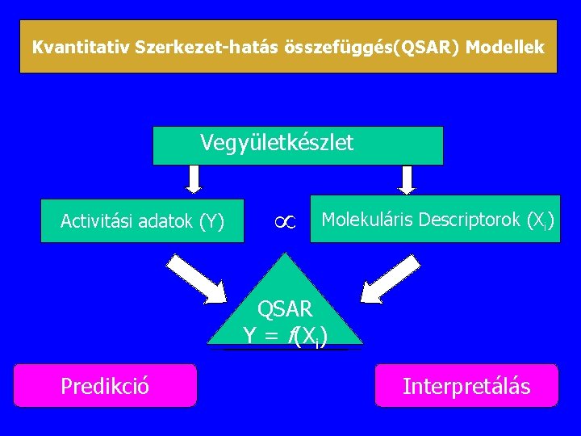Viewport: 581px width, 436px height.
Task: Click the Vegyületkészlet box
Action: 298,145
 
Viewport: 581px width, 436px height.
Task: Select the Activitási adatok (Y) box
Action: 142,220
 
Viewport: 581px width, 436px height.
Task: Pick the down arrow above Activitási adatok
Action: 193,178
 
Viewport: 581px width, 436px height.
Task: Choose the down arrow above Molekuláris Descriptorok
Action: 408,178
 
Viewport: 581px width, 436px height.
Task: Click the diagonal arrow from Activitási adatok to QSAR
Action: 199,279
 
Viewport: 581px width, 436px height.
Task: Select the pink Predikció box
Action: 105,385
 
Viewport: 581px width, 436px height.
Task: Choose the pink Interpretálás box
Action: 466,385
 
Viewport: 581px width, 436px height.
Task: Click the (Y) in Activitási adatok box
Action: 214,220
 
